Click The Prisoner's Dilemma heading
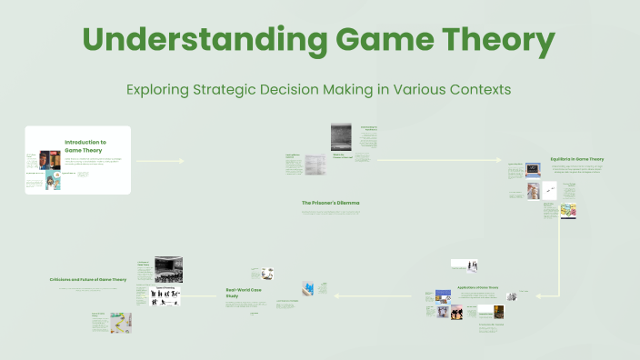pos(330,202)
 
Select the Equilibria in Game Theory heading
pos(576,159)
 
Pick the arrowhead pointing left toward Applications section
pos(537,295)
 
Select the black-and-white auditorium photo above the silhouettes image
pos(168,269)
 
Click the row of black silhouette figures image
pos(165,295)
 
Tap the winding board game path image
pos(120,323)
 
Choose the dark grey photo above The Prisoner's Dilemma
pos(341,137)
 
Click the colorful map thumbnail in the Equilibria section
pos(568,210)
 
